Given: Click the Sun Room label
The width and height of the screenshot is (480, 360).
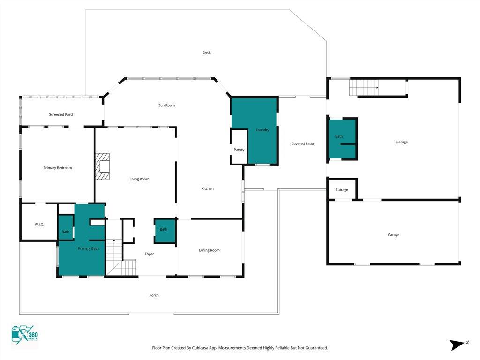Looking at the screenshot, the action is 166,105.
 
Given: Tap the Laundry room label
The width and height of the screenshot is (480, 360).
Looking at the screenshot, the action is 262,130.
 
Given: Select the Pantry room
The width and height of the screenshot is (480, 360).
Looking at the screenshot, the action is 239,147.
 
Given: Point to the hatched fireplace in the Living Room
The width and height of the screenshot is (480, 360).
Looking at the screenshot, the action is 102,166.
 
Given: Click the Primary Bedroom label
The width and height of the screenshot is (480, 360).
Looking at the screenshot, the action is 58,168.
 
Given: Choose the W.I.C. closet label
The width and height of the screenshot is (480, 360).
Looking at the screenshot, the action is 39,225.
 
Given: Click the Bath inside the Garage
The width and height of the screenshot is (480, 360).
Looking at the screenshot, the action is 342,139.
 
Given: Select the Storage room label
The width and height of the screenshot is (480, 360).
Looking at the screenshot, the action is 342,190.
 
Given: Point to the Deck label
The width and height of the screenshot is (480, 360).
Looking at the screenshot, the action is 207,52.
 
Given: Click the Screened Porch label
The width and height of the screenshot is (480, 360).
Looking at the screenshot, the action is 61,114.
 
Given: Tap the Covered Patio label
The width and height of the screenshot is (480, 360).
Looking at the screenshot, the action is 302,143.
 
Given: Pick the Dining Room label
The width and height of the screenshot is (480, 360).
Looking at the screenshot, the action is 209,250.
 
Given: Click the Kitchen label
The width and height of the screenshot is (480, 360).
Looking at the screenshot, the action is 208,188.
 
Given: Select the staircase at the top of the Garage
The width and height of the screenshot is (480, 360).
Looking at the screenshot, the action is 364,87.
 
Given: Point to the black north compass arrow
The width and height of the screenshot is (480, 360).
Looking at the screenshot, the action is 457,345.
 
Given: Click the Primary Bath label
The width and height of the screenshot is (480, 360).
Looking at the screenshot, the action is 88,248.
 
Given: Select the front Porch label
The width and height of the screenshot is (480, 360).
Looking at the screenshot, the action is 154,295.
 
